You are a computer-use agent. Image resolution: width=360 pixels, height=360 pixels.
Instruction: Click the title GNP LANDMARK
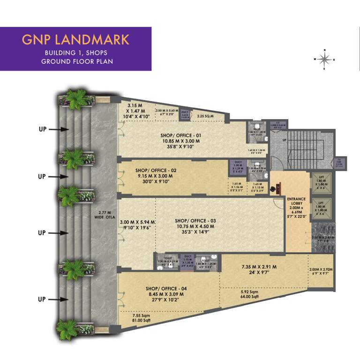click(x=75, y=39)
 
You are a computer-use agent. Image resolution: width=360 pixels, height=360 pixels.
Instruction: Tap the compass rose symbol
click(x=324, y=59)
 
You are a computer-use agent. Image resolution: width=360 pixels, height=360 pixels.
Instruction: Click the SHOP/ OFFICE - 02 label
click(x=156, y=170)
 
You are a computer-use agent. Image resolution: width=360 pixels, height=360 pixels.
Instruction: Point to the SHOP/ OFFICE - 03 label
click(x=195, y=220)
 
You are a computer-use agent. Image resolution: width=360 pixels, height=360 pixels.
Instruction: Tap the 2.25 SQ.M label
click(x=205, y=116)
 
